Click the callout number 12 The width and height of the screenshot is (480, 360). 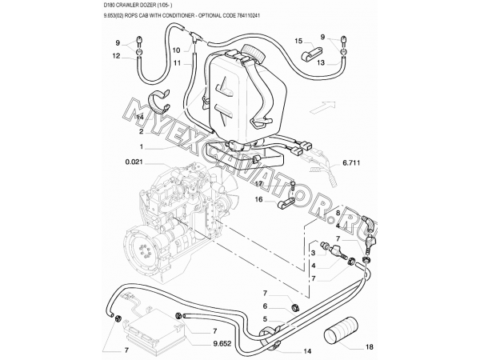(117, 56)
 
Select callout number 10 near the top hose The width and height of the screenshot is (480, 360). (177, 49)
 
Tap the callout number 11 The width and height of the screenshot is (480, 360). (177, 62)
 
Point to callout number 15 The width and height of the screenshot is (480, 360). (297, 40)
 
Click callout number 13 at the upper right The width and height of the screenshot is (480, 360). (320, 62)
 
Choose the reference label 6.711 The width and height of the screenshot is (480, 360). (353, 163)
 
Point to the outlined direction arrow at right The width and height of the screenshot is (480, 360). (321, 102)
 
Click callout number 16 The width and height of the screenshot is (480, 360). (258, 202)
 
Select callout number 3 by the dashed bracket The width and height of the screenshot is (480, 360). (314, 253)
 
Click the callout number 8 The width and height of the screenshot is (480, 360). (338, 213)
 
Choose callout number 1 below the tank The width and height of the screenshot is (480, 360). (141, 146)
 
